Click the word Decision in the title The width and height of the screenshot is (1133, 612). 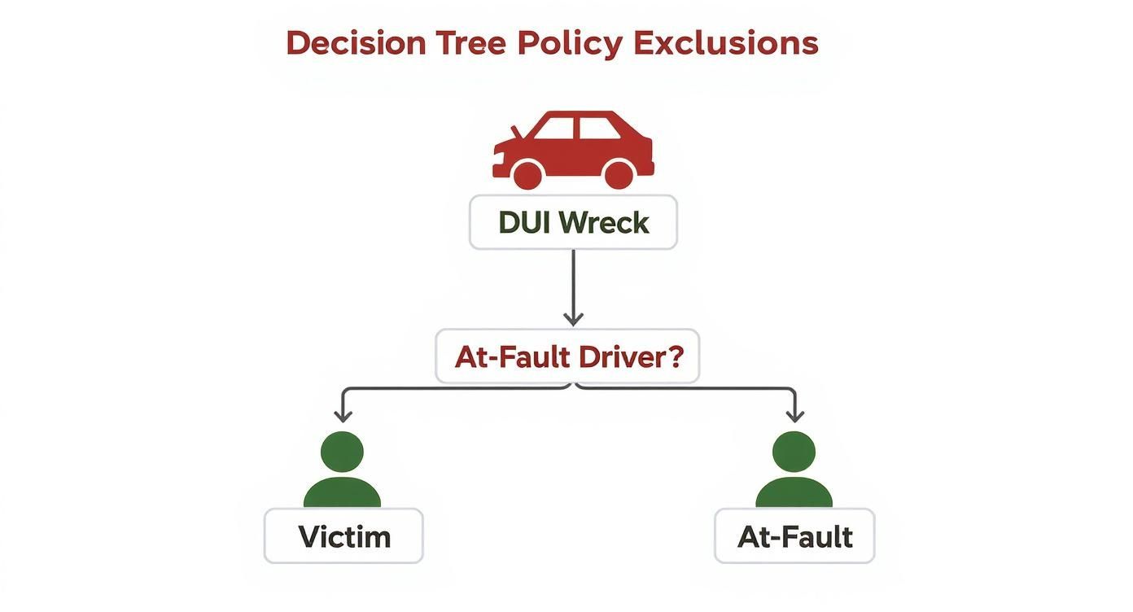coord(356,43)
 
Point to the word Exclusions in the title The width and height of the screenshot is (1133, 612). coord(725,43)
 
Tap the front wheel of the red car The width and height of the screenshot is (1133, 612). coord(527,174)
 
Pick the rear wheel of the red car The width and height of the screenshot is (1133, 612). coord(618,174)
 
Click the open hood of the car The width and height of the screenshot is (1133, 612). coord(514,133)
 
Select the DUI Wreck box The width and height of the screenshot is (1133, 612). coord(573,222)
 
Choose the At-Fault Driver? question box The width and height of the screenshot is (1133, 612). coord(567,356)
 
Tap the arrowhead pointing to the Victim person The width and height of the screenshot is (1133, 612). coord(343,414)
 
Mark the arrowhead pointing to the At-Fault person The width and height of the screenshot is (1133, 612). coord(794,414)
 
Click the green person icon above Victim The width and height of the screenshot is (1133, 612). coord(342,470)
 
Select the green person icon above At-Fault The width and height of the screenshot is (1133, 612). coord(794,470)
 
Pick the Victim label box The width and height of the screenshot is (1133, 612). coord(343,536)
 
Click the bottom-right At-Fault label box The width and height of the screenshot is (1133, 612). coord(794,536)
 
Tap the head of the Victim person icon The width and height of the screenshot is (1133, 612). coord(342,451)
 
